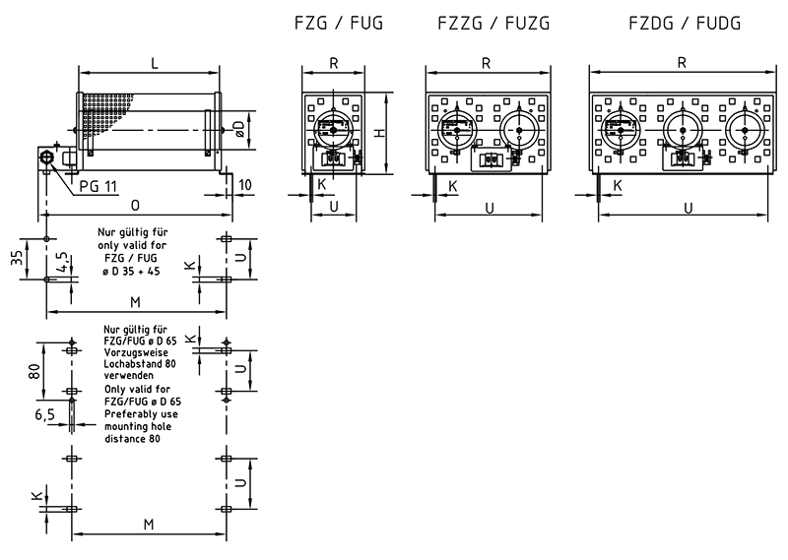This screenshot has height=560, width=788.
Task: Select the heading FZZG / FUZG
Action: pyautogui.click(x=485, y=23)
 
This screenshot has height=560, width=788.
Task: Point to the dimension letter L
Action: pyautogui.click(x=154, y=62)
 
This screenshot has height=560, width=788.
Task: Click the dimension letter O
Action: pyautogui.click(x=134, y=206)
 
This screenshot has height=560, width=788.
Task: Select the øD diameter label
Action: pyautogui.click(x=237, y=125)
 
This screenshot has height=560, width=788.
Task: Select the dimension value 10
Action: pyautogui.click(x=244, y=185)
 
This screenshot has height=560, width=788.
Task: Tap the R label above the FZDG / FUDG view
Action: pyautogui.click(x=682, y=62)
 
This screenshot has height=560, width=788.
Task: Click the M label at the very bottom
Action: pyautogui.click(x=149, y=524)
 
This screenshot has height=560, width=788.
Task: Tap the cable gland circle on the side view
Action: pyautogui.click(x=46, y=157)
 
